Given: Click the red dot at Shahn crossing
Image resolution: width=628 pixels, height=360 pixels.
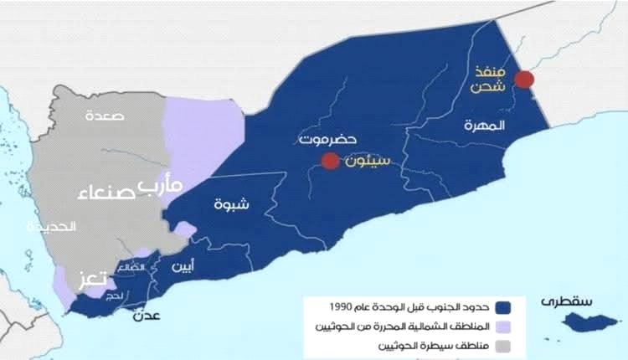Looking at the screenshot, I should pos(524,80).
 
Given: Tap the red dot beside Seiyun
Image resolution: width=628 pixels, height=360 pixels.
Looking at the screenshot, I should pos(331,161).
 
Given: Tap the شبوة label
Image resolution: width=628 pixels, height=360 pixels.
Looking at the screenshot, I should pos(229,203).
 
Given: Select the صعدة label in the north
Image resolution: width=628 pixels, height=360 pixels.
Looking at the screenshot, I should pos(104,115).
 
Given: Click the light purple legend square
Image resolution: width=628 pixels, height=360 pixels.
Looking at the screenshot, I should pos(504,326).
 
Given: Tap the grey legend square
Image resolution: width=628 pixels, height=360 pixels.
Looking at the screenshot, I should pos(504,345).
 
